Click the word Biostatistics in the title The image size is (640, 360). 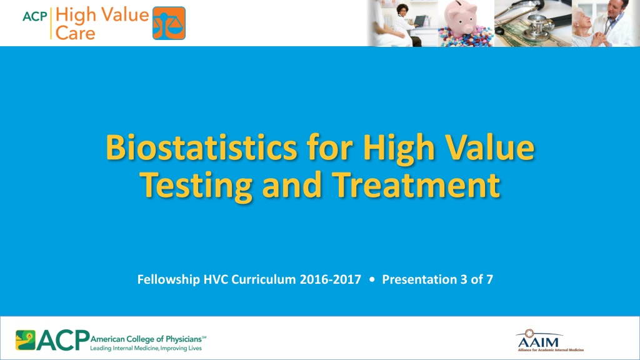point(202,147)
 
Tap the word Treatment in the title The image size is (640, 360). point(416,184)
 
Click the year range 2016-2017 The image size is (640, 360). point(330,279)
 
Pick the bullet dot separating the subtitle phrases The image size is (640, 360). point(371,280)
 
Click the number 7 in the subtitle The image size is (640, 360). point(489,279)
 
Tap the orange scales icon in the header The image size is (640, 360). point(169,23)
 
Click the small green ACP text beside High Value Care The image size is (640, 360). point(35,16)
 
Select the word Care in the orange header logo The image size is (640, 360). point(75,32)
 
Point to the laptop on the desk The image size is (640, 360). point(419,21)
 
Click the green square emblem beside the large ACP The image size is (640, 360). point(25,340)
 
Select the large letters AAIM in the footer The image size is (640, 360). point(538,342)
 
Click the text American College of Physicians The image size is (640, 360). point(146,339)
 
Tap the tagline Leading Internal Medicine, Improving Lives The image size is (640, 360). point(146,348)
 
